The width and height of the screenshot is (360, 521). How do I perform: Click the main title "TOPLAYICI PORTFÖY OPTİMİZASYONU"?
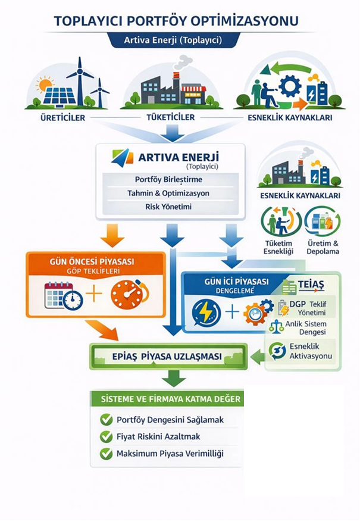click(x=176, y=21)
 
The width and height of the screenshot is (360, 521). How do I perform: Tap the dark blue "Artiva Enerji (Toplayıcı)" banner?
click(x=173, y=40)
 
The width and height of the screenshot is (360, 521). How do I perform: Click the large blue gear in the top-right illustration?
click(x=290, y=86)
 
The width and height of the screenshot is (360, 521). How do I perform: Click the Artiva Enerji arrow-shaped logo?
click(x=123, y=157)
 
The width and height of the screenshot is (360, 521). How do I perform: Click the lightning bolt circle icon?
click(x=205, y=311)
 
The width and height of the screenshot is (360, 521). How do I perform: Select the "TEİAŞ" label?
click(x=311, y=286)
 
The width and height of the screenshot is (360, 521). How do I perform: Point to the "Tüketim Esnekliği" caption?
click(x=278, y=247)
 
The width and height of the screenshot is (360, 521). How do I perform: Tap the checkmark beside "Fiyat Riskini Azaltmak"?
click(x=107, y=437)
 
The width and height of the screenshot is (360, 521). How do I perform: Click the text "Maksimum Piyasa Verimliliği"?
click(x=170, y=454)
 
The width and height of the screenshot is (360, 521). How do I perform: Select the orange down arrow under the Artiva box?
click(x=112, y=233)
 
